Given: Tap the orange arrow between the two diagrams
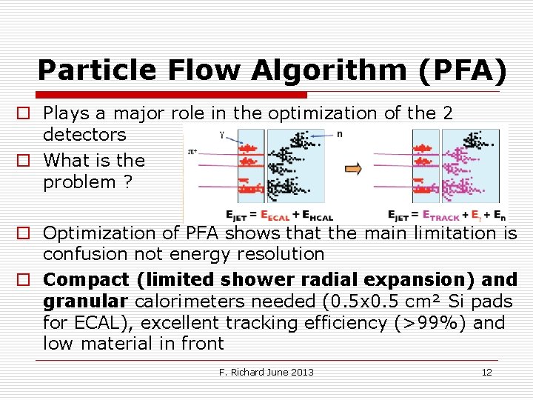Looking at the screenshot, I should pos(354,168).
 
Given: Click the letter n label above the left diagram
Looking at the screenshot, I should pos(339,134).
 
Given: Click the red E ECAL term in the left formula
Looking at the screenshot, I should pos(276,216).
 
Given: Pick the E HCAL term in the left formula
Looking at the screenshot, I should pos(318,216).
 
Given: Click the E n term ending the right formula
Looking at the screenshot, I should pos(499,216).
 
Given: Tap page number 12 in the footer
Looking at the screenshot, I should pos(486,372).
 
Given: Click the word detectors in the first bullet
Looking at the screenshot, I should pos(84,135).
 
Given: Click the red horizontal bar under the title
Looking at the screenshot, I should pos(170,95).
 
